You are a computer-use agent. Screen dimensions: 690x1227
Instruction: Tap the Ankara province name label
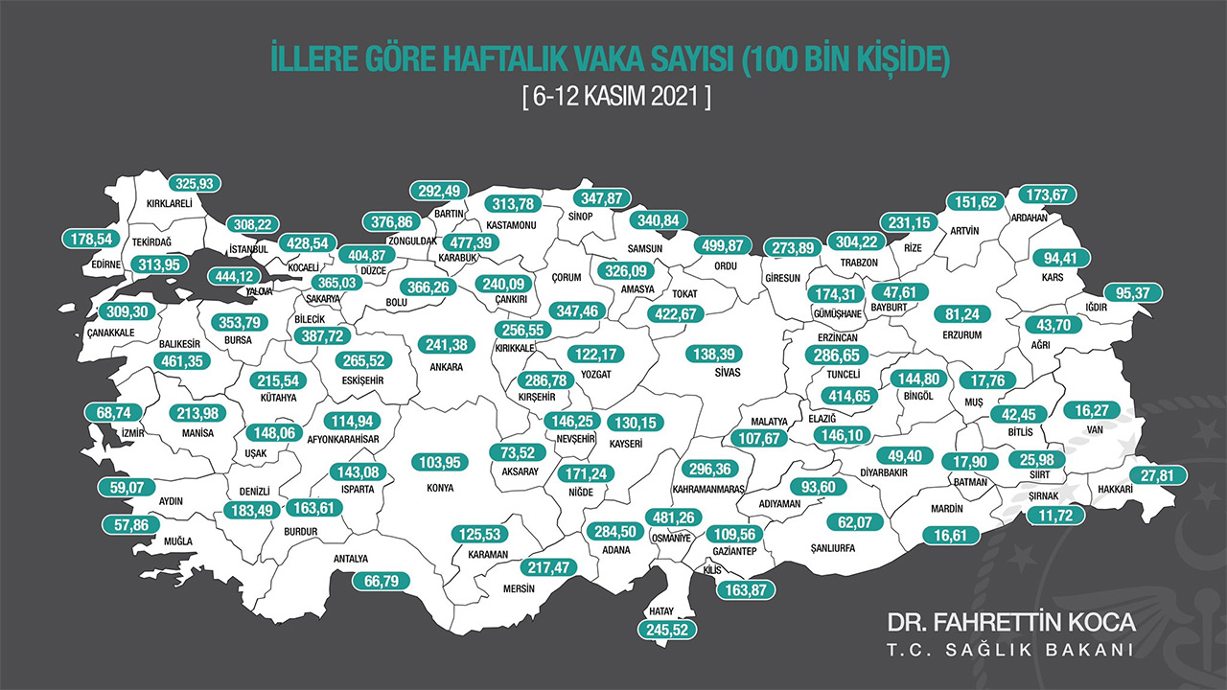tap(447, 367)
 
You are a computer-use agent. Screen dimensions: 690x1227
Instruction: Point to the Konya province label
tap(439, 487)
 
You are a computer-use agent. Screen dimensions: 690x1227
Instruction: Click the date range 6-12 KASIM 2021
tap(613, 98)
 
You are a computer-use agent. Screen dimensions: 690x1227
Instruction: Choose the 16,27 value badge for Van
tap(1093, 410)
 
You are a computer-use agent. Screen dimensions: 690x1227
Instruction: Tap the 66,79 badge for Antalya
tap(381, 581)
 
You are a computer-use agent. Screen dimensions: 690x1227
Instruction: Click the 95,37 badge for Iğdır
tap(1132, 292)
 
